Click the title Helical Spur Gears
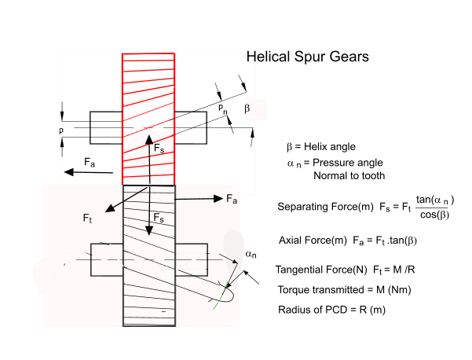tap(307, 57)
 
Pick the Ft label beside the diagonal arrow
tap(88, 218)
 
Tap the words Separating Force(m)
tap(325, 207)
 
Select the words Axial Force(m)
tap(313, 240)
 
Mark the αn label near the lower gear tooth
tap(251, 255)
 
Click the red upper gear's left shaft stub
tap(105, 126)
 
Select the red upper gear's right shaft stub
tap(190, 126)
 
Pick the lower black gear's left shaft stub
tap(105, 260)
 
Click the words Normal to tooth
tap(349, 175)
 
